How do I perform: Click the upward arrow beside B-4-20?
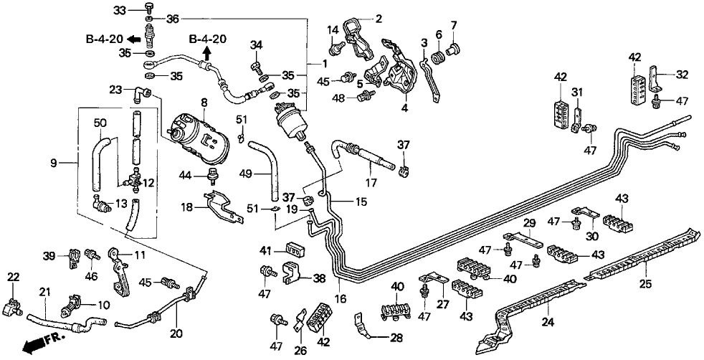tap(206, 52)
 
